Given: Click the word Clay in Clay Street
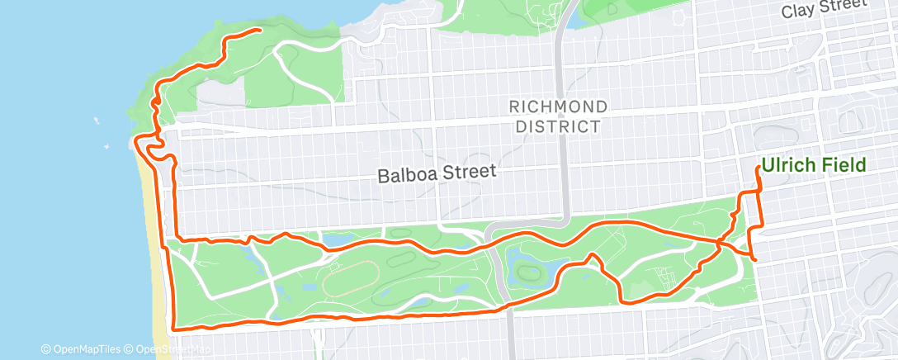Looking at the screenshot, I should (799, 11).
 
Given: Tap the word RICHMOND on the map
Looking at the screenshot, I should (558, 107).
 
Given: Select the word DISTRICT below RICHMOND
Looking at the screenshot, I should (558, 126).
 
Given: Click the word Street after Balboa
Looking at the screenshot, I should (470, 173).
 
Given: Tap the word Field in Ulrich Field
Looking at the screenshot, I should (843, 165).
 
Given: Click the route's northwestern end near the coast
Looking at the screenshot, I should (260, 31).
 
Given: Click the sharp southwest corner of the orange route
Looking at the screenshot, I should (173, 328).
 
